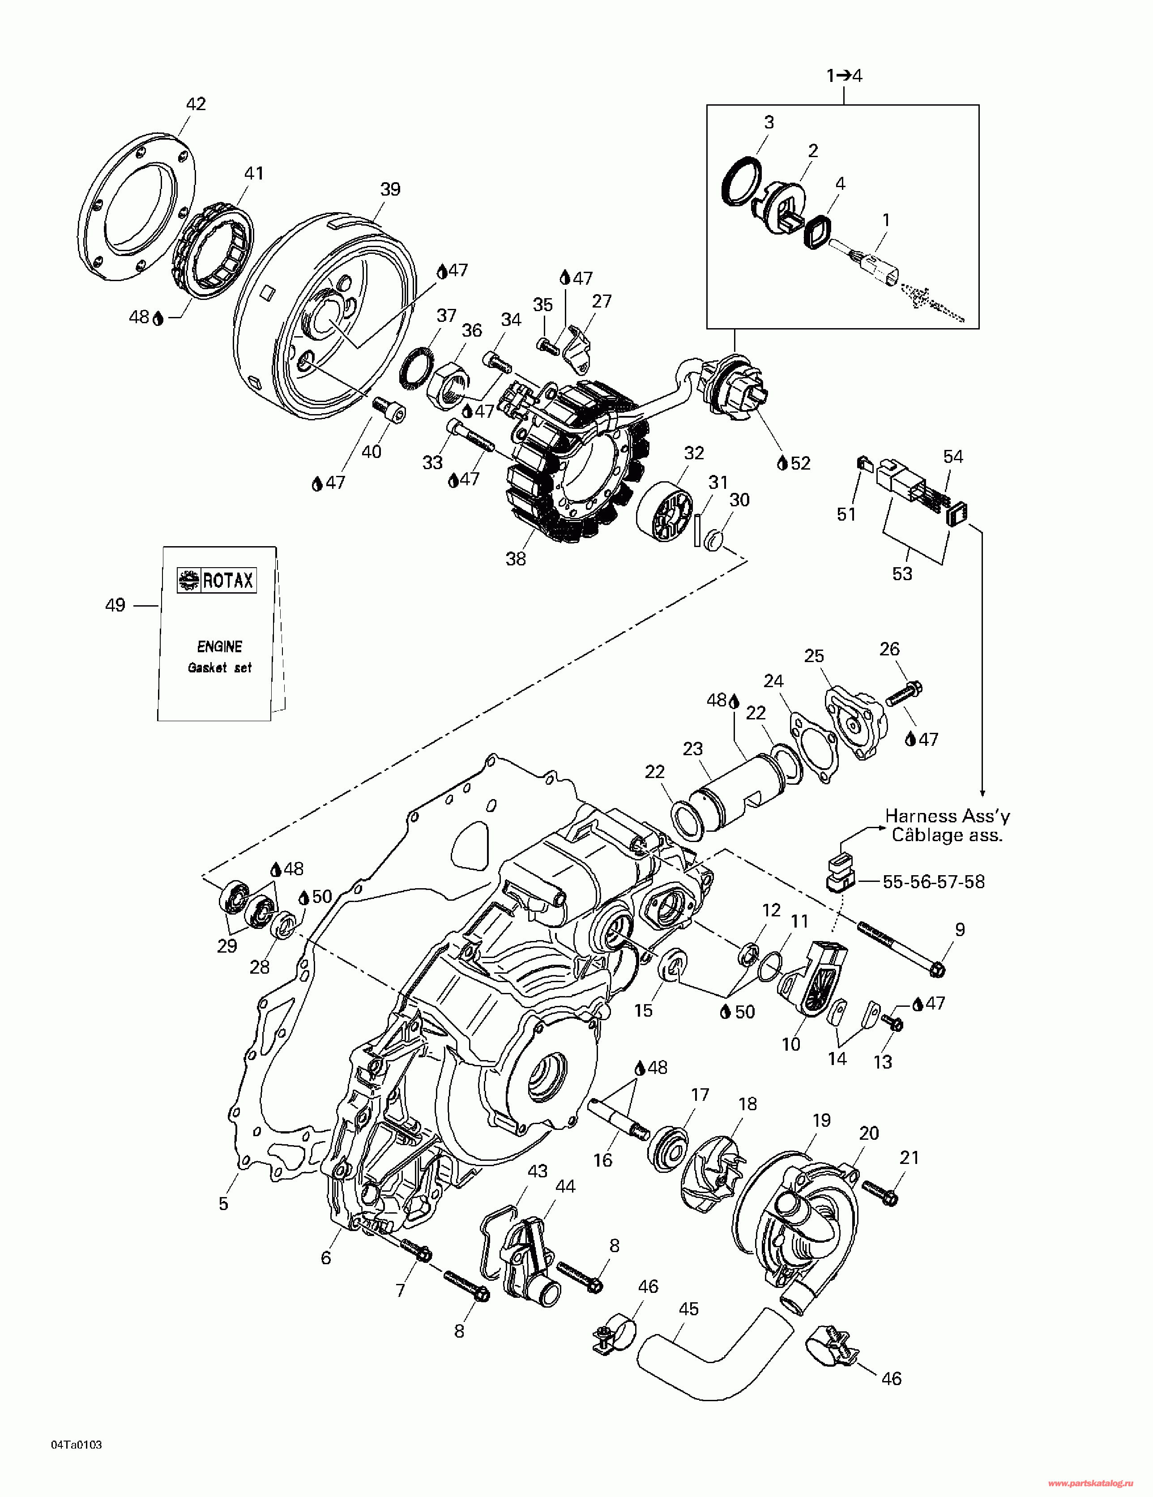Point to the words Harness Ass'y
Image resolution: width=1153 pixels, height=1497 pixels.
[x=948, y=816]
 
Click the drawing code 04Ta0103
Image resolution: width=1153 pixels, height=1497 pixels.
[x=76, y=1446]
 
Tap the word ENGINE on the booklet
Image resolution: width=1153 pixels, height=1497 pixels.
[x=219, y=646]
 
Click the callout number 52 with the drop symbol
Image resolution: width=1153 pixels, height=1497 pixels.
[x=800, y=463]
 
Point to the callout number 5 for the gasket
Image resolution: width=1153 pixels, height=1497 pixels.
[x=223, y=1204]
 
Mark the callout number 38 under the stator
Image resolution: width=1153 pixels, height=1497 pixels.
[x=516, y=559]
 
